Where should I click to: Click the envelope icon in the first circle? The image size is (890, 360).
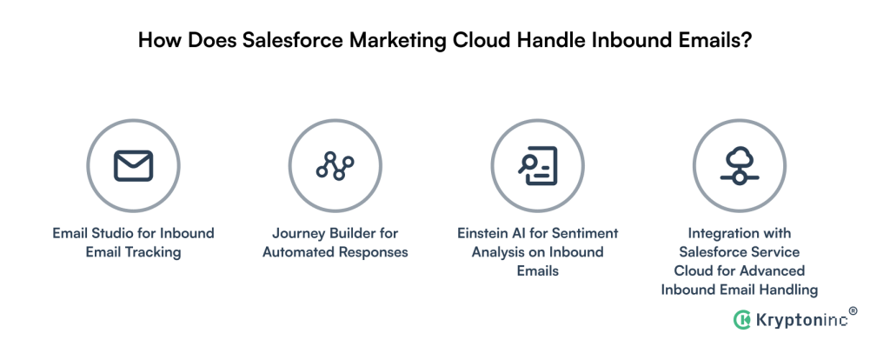pos(133,164)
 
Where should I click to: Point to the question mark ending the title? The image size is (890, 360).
pos(746,42)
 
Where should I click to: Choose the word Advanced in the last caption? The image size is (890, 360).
pos(774,271)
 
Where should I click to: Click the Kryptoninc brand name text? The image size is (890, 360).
pos(800,320)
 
